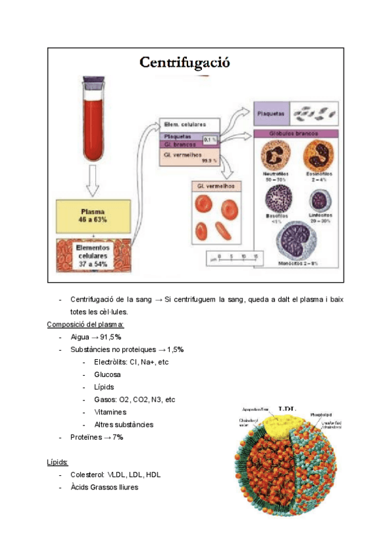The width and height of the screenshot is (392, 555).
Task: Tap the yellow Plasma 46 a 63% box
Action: pos(93,216)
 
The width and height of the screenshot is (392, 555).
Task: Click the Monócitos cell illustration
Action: pos(297,241)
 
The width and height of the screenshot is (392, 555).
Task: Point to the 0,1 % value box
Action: pos(210,139)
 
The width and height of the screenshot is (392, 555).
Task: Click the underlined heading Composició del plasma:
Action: pos(86,324)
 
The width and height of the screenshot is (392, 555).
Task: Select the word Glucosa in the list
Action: pos(107,374)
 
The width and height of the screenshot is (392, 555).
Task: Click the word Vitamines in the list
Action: pos(110,412)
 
